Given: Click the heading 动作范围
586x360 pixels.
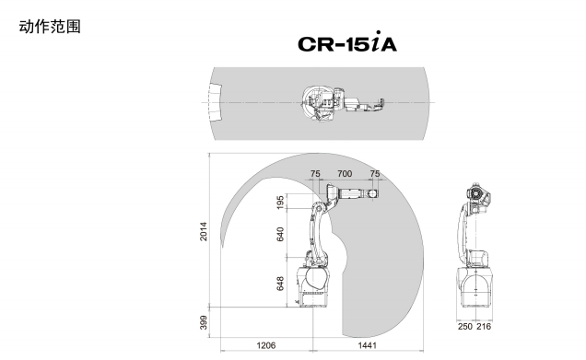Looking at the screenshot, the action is pyautogui.click(x=50, y=27).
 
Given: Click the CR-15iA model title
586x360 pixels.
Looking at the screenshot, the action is pyautogui.click(x=347, y=42).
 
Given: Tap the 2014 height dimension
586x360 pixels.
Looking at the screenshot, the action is pyautogui.click(x=204, y=231).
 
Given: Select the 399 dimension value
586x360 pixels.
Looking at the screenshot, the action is pyautogui.click(x=204, y=322).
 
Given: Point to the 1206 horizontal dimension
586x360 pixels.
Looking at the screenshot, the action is pyautogui.click(x=265, y=345).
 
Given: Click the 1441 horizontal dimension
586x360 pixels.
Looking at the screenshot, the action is pyautogui.click(x=368, y=345).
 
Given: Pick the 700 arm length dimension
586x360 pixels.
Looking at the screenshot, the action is pyautogui.click(x=345, y=174).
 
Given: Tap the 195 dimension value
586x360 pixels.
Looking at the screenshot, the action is pyautogui.click(x=280, y=202).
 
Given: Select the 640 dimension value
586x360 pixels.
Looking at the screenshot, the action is pyautogui.click(x=280, y=234).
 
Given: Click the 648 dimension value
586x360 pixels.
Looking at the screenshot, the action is pyautogui.click(x=280, y=284).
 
